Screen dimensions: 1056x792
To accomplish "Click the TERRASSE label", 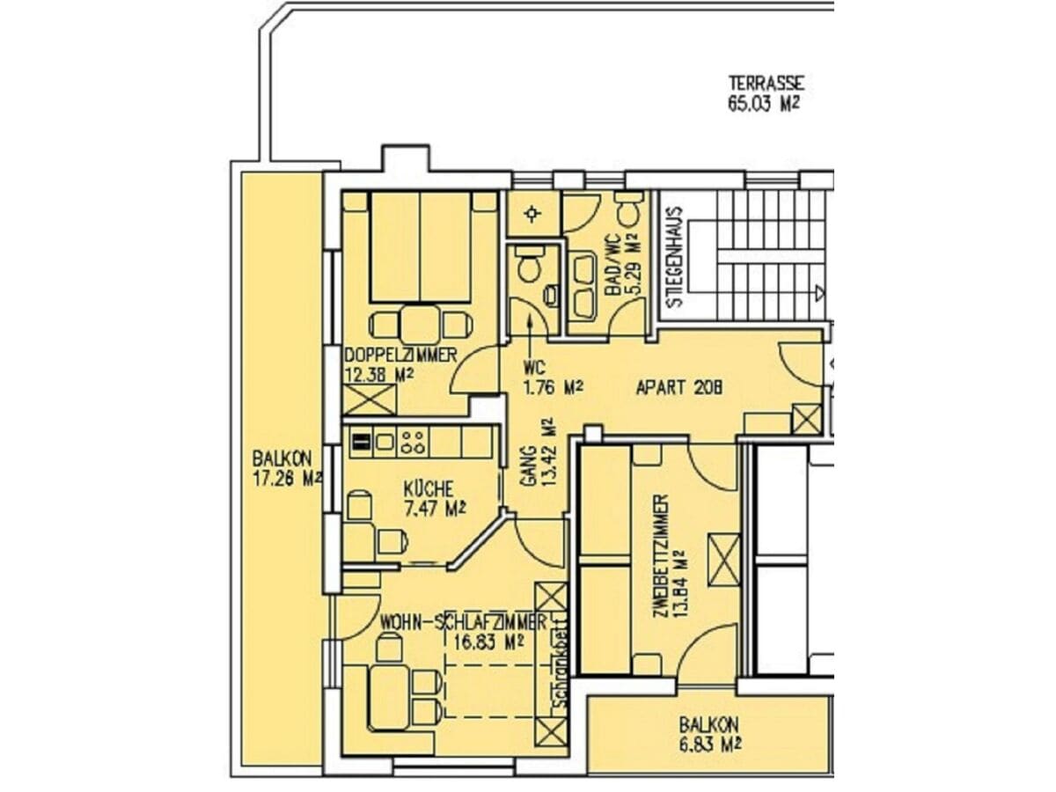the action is [x=766, y=84].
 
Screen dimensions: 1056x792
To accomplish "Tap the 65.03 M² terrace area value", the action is [x=764, y=105].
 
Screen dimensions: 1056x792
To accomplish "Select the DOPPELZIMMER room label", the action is [x=400, y=356].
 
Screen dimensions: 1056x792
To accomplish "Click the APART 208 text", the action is [x=678, y=387].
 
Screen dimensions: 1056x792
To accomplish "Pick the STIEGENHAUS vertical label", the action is [x=676, y=257].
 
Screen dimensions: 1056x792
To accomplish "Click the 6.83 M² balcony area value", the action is [x=710, y=746].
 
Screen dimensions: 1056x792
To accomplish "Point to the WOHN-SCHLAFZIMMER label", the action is [x=463, y=622].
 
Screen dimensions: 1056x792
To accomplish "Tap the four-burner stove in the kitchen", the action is [x=414, y=443].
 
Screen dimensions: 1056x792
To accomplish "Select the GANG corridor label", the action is [x=529, y=466].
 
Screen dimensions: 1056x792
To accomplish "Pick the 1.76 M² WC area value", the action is [x=554, y=386].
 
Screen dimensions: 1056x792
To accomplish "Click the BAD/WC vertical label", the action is [x=612, y=265].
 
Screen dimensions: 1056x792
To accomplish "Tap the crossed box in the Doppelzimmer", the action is [x=370, y=400].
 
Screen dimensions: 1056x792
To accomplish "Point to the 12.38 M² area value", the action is [x=379, y=375].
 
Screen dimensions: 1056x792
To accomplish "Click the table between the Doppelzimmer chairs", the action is [x=420, y=325].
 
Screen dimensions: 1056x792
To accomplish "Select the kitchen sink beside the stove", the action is [x=385, y=442].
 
